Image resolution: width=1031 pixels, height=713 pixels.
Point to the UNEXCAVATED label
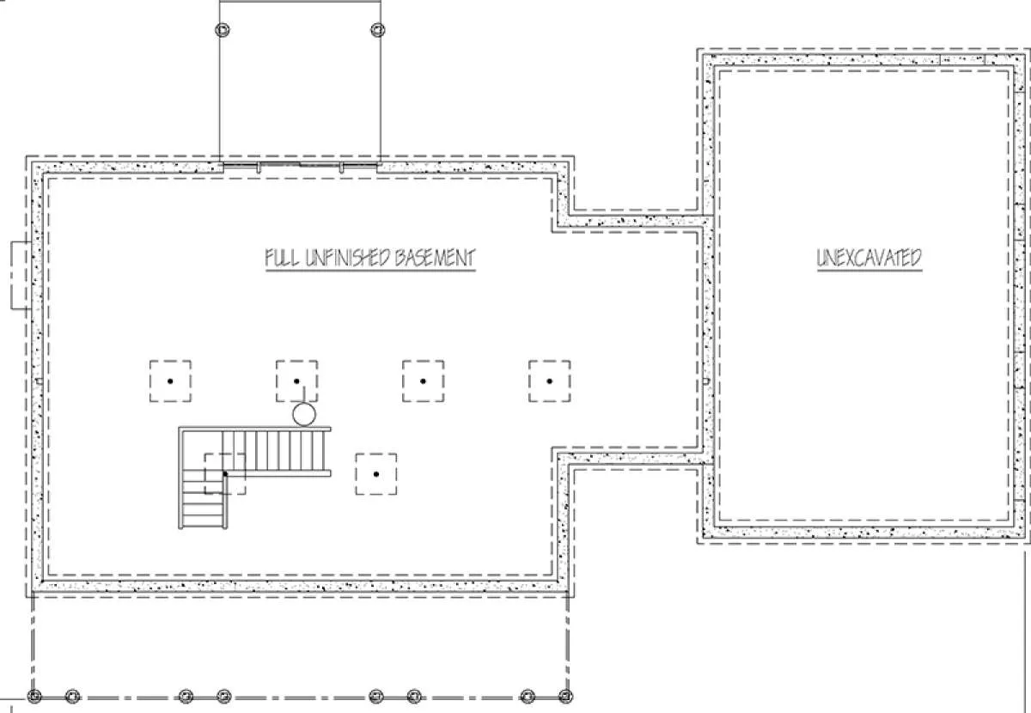[869, 258]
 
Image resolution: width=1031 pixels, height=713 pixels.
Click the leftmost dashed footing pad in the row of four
[170, 381]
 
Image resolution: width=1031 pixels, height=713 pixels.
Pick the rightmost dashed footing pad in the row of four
[550, 381]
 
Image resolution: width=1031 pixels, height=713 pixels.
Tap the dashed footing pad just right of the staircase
[376, 474]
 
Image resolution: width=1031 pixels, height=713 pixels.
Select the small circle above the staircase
[304, 414]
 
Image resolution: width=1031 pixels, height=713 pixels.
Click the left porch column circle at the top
[223, 30]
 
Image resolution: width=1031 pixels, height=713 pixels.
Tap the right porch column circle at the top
[378, 30]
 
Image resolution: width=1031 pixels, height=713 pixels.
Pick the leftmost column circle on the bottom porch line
[34, 696]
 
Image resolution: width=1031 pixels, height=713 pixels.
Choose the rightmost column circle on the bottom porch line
[565, 696]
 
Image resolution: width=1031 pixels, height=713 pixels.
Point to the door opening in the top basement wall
[300, 166]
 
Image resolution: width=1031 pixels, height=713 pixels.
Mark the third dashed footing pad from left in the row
[423, 381]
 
